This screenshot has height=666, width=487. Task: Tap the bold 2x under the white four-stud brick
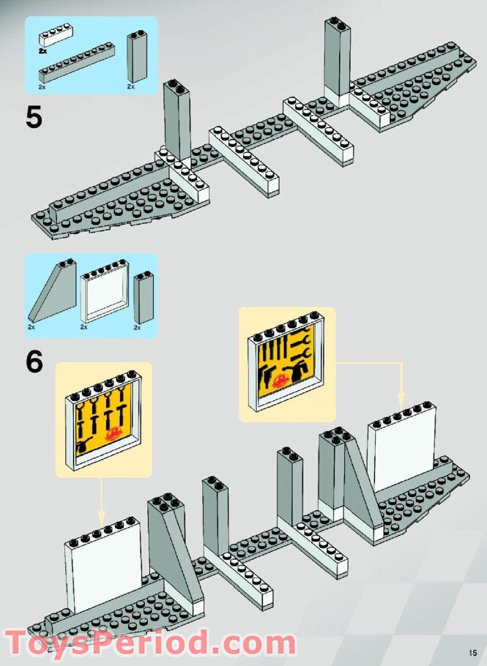tap(43, 51)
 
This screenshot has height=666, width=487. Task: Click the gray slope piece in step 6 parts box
tap(53, 291)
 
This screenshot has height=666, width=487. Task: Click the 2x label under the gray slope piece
tap(32, 327)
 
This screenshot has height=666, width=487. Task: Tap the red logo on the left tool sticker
tap(114, 433)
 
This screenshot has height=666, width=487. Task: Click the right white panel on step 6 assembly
tap(401, 447)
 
